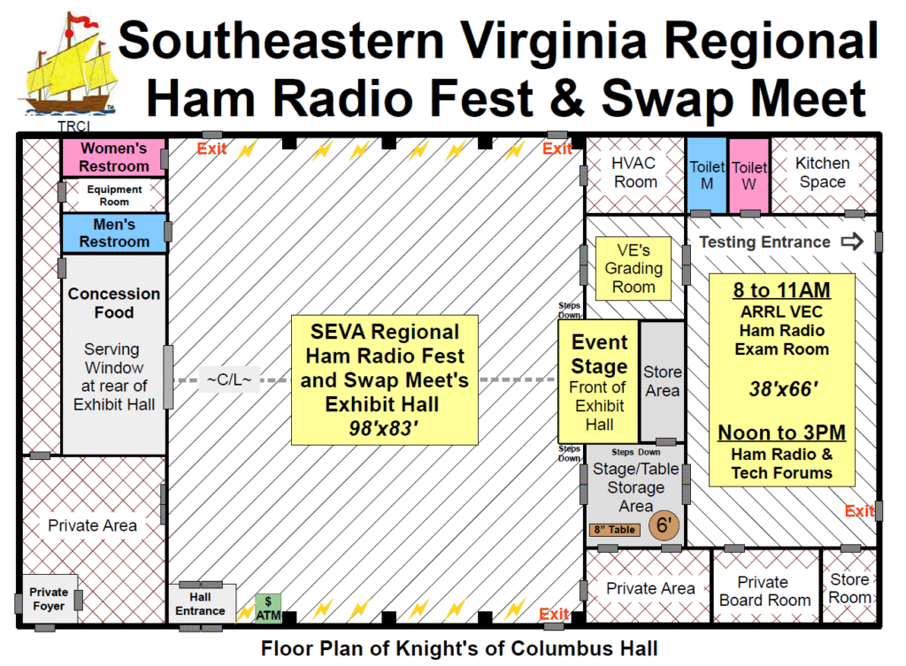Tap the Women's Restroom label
(113, 157)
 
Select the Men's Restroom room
(113, 233)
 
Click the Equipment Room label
(114, 195)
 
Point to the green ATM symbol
(268, 607)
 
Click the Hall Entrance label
(200, 604)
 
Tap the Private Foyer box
(49, 599)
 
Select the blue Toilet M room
(707, 174)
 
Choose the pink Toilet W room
(749, 174)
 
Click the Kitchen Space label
(822, 172)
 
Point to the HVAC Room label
(634, 172)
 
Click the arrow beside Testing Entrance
(851, 241)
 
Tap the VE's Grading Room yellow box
(633, 269)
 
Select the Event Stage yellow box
(598, 381)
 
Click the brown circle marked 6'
(664, 525)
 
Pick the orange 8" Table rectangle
(614, 530)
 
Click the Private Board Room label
(764, 591)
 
